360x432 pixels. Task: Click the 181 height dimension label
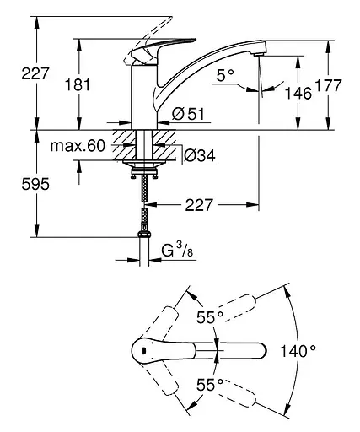click(x=78, y=84)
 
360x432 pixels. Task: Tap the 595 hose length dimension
click(x=35, y=184)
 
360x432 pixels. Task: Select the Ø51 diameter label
click(x=188, y=114)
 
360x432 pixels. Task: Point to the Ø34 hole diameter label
click(x=200, y=155)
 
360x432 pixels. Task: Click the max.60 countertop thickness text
click(x=78, y=146)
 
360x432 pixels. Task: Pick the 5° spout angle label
click(x=225, y=75)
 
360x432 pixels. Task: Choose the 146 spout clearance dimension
click(x=298, y=93)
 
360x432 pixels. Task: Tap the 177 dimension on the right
click(x=328, y=85)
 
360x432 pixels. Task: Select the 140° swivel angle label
click(x=298, y=351)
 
